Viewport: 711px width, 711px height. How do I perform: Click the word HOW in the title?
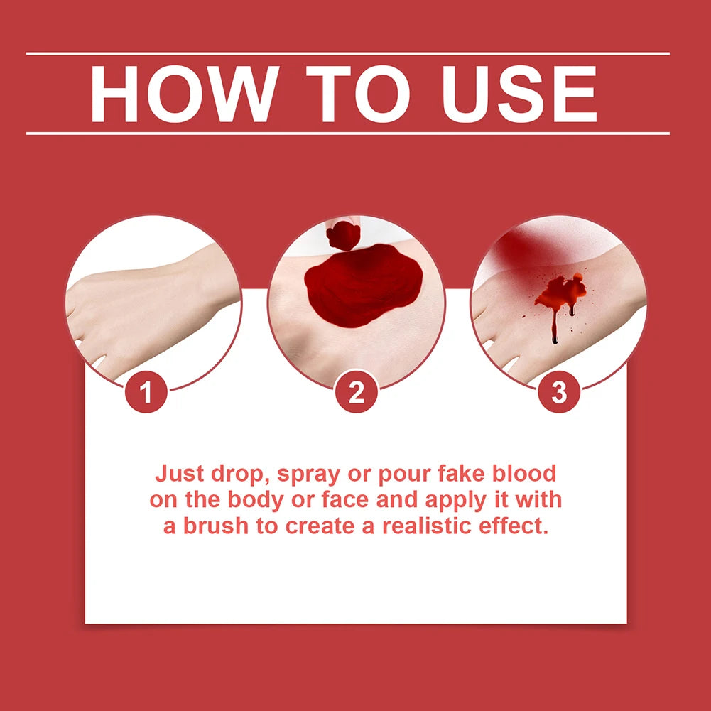pyautogui.click(x=182, y=94)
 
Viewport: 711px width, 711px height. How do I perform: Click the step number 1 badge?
pyautogui.click(x=147, y=393)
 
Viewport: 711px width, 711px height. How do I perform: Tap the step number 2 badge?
pyautogui.click(x=356, y=393)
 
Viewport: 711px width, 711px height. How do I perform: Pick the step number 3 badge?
pyautogui.click(x=559, y=393)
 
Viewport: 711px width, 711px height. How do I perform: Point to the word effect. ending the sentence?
pyautogui.click(x=515, y=526)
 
